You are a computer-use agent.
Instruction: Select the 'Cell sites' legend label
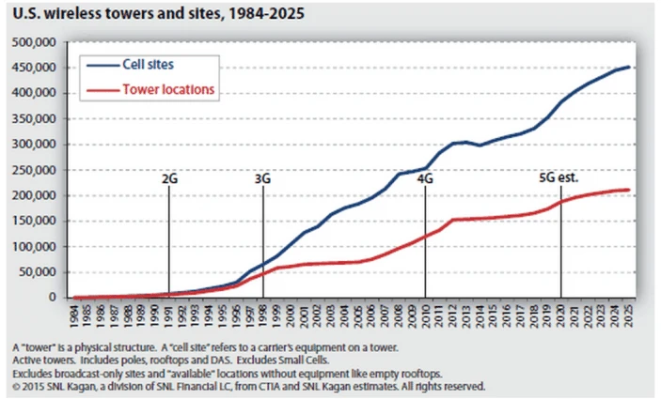(149, 65)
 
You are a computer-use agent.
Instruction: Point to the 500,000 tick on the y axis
(34, 43)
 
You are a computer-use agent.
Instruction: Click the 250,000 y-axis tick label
(34, 170)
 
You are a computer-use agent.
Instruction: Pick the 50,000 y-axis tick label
(37, 272)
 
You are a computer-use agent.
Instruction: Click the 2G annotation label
(169, 176)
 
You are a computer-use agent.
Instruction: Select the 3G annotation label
(262, 176)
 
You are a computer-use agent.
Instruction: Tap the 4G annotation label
(426, 176)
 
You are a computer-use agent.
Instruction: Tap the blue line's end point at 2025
(629, 67)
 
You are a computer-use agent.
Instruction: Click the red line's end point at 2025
(629, 190)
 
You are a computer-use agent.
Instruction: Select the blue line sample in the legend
(100, 65)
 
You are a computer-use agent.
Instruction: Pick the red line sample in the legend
(100, 89)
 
